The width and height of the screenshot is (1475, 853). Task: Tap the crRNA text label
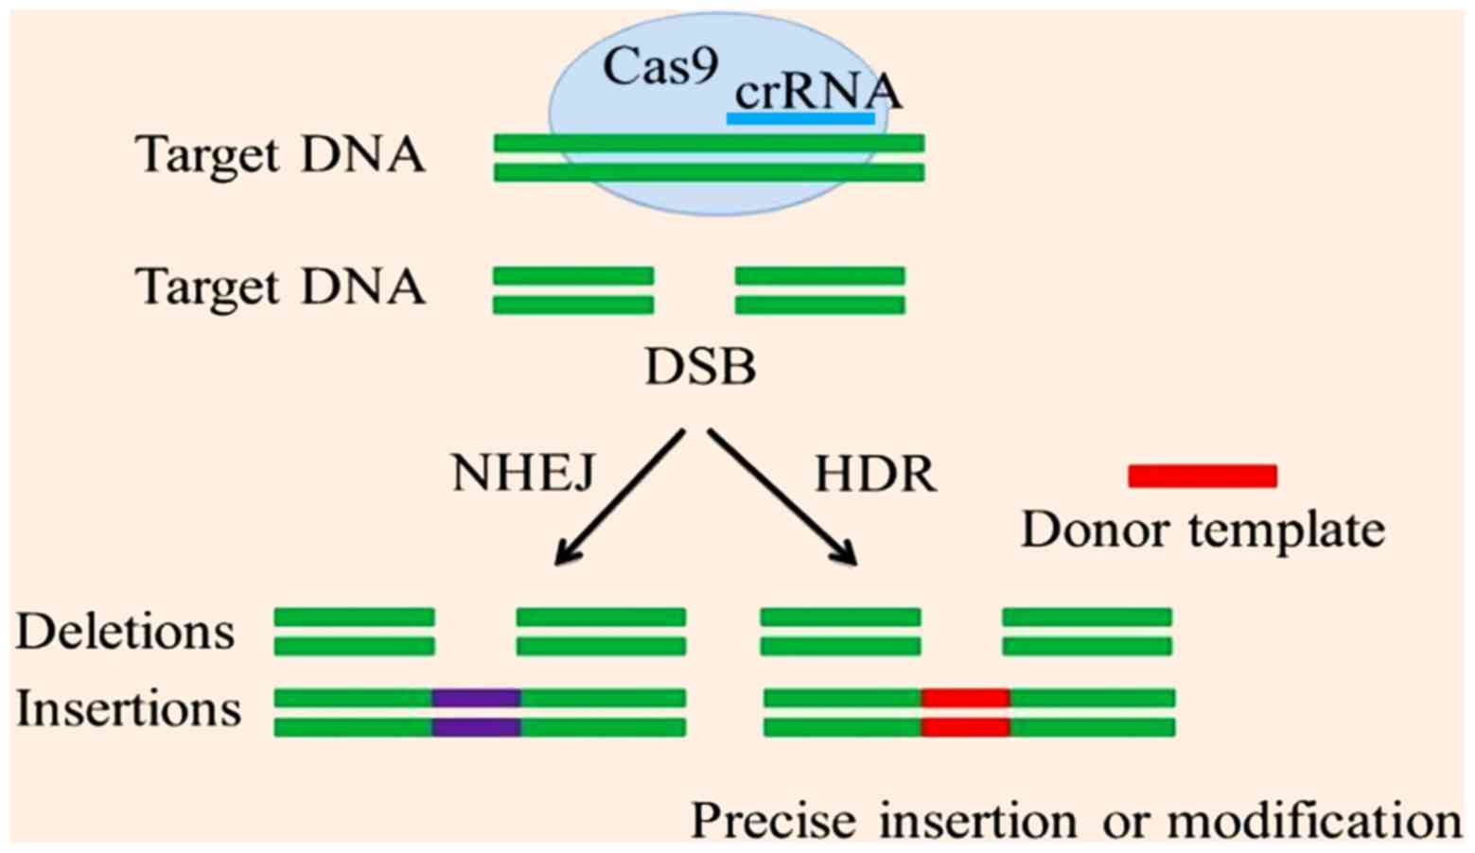(x=817, y=92)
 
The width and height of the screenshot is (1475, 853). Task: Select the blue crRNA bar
(x=800, y=118)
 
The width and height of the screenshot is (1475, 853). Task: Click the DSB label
(x=701, y=366)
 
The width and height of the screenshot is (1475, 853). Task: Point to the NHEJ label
(x=523, y=473)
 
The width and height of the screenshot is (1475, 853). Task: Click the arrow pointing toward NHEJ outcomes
(x=619, y=497)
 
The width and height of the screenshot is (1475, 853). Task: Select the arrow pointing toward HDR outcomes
(x=783, y=497)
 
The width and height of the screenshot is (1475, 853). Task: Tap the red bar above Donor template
(x=1203, y=476)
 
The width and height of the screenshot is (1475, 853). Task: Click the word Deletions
(x=125, y=632)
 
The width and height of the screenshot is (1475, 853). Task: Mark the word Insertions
(x=129, y=709)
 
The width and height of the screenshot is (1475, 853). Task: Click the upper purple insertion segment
(x=477, y=698)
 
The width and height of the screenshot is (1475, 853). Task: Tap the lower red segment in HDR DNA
(x=965, y=727)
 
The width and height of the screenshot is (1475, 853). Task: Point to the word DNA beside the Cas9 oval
(x=362, y=155)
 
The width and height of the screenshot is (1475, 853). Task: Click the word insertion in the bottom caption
(x=978, y=821)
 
